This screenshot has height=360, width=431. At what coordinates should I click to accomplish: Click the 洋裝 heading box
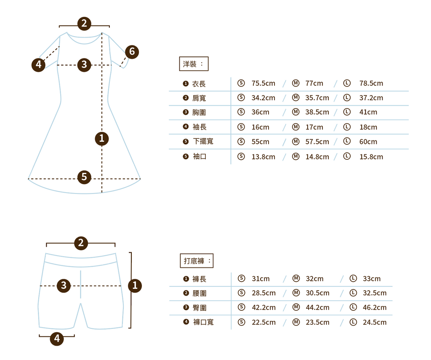click(194, 64)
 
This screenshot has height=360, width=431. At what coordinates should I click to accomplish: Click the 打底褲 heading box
click(197, 261)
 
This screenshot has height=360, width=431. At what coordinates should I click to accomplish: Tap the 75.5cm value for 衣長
click(263, 83)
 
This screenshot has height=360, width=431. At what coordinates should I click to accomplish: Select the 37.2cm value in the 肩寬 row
click(371, 98)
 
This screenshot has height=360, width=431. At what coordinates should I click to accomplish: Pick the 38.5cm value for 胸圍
click(317, 112)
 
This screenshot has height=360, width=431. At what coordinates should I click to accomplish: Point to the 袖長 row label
click(200, 127)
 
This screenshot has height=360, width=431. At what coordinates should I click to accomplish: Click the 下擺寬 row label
click(203, 141)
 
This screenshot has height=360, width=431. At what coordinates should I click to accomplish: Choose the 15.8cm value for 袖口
click(371, 157)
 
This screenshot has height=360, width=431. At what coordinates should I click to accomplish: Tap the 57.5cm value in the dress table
click(317, 142)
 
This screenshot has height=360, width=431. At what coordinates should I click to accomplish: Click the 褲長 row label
click(200, 279)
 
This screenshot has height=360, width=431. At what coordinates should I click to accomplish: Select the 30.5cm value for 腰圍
click(317, 293)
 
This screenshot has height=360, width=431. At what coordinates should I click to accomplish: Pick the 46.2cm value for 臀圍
click(374, 307)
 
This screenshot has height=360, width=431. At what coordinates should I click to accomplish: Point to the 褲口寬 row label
click(203, 322)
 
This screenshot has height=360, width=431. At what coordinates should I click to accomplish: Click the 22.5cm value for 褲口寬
click(263, 323)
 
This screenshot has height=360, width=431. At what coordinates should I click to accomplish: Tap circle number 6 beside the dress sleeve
click(132, 52)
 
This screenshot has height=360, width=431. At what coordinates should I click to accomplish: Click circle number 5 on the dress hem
click(84, 177)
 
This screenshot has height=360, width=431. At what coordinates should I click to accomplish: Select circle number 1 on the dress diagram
click(101, 138)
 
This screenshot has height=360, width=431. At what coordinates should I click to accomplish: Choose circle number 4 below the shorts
click(57, 339)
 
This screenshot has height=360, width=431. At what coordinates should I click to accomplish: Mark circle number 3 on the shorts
click(64, 286)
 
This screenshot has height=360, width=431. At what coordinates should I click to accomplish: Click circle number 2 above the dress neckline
click(84, 23)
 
